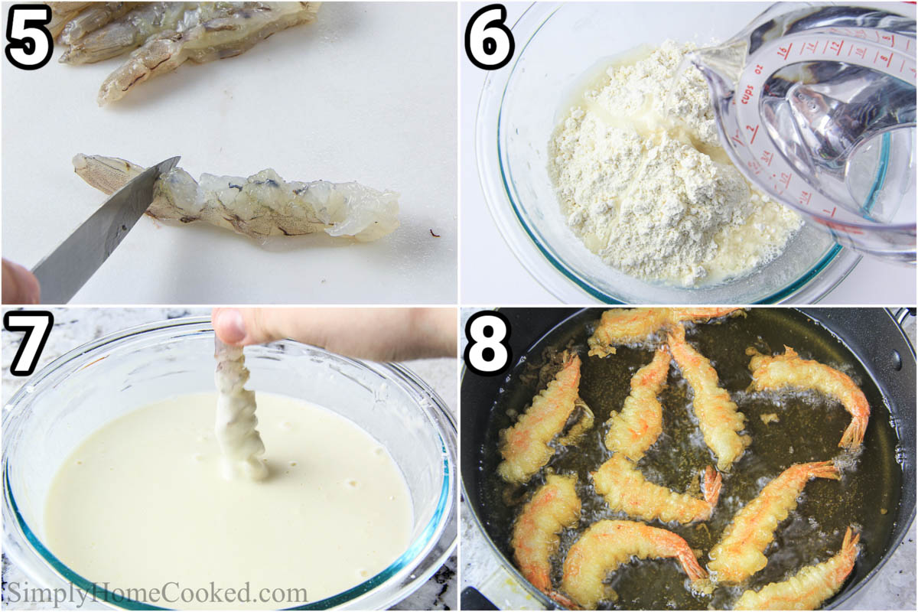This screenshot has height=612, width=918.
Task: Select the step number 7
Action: tap(28, 343)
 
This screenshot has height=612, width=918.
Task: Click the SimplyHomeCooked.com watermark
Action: tap(158, 593)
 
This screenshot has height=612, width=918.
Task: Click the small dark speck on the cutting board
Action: tap(434, 232)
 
